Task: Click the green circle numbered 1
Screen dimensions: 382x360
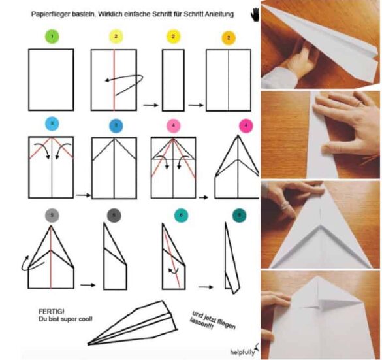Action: (52, 37)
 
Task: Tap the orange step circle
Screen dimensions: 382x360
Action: (229, 38)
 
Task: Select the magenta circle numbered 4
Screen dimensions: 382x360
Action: (246, 125)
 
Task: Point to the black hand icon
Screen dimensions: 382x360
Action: (255, 14)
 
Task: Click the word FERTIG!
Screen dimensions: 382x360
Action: (52, 312)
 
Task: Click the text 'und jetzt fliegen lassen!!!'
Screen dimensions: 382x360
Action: (212, 321)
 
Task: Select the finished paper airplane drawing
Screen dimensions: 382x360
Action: (133, 323)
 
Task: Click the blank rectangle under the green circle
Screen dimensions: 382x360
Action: (51, 80)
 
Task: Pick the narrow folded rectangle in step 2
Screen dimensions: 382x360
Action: (173, 80)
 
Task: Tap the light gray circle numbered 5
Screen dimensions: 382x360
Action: (52, 216)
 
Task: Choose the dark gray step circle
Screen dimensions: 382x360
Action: (114, 216)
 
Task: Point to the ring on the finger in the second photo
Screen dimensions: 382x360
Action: (358, 104)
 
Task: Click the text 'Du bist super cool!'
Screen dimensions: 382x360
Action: (65, 319)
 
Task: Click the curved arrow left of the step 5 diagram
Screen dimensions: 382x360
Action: (25, 264)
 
